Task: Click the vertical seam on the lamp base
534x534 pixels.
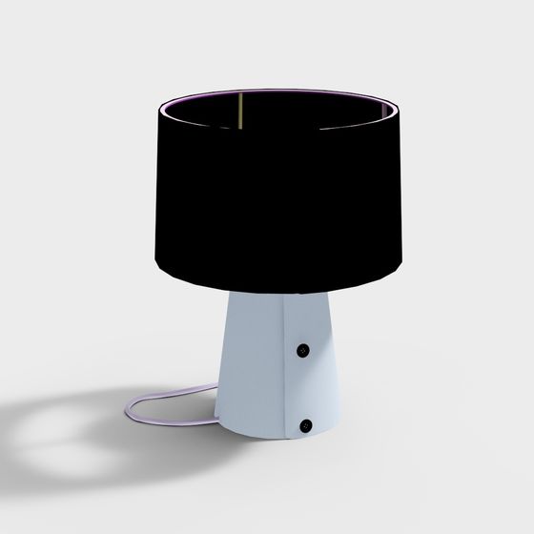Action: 288,381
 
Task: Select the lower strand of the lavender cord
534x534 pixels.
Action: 181,425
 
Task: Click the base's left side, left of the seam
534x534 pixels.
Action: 248,381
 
